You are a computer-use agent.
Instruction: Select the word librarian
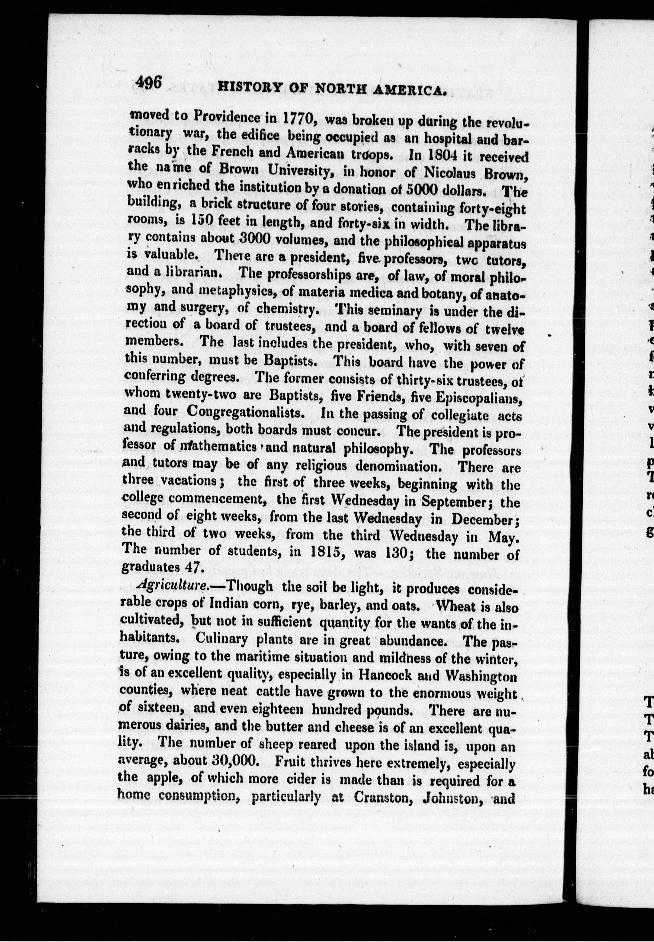(186, 272)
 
